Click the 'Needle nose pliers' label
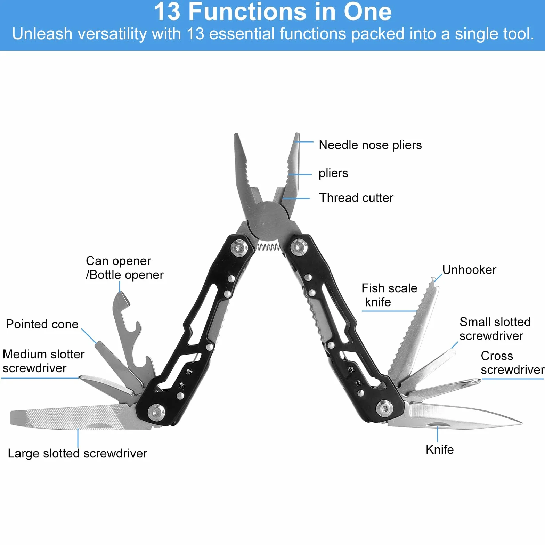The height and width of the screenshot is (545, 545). tap(370, 145)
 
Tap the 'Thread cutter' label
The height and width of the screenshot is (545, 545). tap(356, 198)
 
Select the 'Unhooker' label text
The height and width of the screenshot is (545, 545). tap(469, 270)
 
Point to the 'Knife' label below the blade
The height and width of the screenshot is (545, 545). tap(440, 449)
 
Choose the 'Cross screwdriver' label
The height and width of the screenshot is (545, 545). tap(512, 363)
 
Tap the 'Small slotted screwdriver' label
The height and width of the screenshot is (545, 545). tap(495, 329)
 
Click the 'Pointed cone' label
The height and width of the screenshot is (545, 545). tap(42, 324)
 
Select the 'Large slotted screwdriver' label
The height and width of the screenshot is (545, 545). tap(78, 454)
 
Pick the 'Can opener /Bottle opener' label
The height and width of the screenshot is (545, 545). tap(124, 268)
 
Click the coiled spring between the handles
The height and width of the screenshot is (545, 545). tap(268, 247)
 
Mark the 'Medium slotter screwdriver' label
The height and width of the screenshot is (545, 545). tap(43, 361)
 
